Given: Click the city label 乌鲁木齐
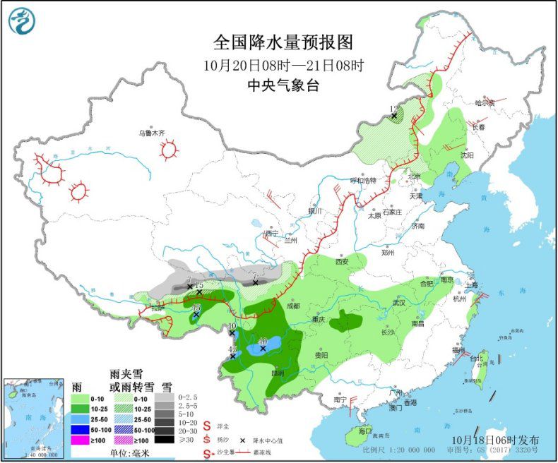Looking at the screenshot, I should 151,133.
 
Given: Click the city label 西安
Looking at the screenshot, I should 342,261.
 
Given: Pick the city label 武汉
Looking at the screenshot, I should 399,303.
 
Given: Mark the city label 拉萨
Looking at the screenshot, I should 158,308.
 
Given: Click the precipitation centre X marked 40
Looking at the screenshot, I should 262,347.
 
